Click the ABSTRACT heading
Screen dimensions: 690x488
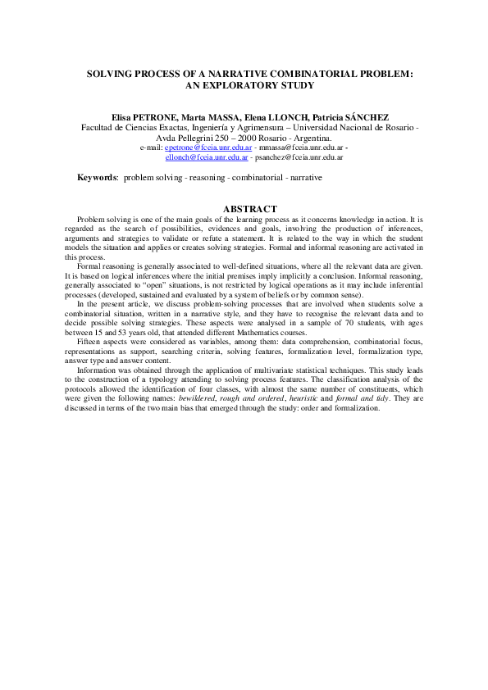244,209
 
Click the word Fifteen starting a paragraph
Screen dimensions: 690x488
89,339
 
